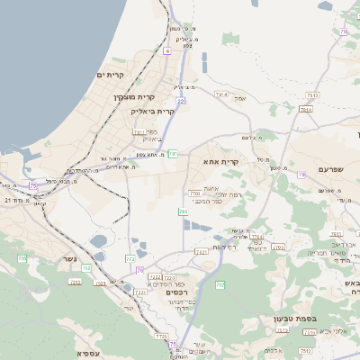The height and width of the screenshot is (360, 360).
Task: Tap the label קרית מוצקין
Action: click(135, 96)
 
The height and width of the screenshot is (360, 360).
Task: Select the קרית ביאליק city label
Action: click(152, 111)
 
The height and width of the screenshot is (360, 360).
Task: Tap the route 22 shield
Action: click(181, 102)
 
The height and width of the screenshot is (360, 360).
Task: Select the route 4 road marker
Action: click(166, 51)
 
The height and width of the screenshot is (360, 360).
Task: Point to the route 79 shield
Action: click(301, 174)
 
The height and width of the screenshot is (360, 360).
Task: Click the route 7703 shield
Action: click(195, 193)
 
